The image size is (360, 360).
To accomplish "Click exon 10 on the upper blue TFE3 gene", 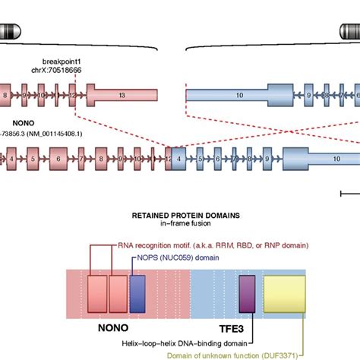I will pyautogui.click(x=239, y=95).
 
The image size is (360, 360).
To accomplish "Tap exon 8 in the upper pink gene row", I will pyautogui.click(x=7, y=95).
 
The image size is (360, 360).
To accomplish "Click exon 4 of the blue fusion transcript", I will pyautogui.click(x=179, y=160).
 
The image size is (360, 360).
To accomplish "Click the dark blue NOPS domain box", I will pyautogui.click(x=137, y=292).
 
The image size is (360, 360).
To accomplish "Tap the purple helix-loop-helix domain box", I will pyautogui.click(x=248, y=292).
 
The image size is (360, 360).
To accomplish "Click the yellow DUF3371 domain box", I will pyautogui.click(x=284, y=294).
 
